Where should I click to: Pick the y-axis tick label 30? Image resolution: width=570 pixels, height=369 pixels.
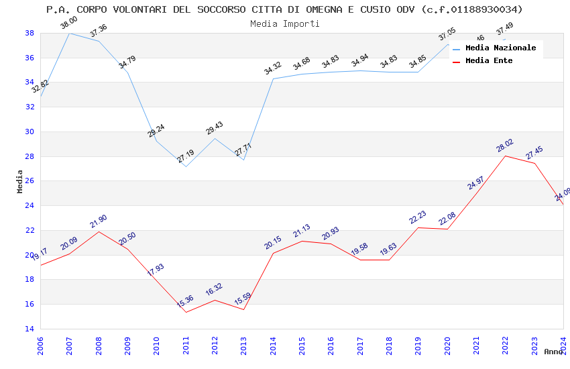30,131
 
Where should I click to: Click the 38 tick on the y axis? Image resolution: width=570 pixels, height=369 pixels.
30,33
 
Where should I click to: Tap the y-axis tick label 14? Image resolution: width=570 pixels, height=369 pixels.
30,329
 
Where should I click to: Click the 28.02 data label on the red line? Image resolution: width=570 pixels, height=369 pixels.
505,146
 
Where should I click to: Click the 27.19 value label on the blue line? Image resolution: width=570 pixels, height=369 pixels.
186,157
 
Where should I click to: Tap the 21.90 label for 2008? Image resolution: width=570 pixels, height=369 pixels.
99,221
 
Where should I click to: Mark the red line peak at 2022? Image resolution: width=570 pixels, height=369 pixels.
505,156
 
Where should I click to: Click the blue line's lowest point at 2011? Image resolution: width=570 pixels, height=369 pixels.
186,166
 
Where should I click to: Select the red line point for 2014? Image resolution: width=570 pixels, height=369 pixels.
273,253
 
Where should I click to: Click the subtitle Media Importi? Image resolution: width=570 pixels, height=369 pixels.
284,23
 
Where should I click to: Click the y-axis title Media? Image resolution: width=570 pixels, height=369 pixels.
20,181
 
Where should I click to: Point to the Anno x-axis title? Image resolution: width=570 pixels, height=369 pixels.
553,352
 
